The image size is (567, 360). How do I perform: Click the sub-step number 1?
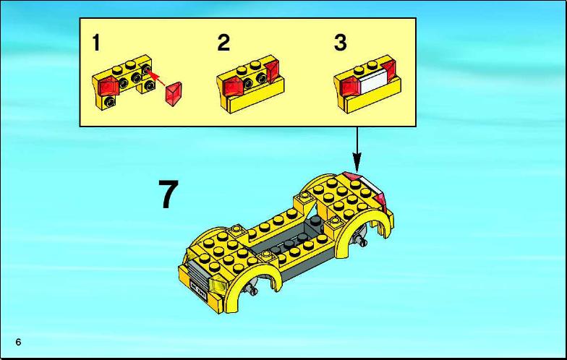point(95,43)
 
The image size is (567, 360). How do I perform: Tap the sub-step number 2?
point(223,43)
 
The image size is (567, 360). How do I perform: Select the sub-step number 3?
point(340,43)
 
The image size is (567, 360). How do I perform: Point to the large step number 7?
point(169,194)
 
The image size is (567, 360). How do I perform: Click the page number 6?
point(19,342)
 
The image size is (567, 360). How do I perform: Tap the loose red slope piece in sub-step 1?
point(174,94)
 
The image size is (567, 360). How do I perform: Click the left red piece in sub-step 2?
point(232,87)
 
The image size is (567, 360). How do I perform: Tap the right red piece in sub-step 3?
point(388,71)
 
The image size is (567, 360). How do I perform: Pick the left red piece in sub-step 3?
point(350,87)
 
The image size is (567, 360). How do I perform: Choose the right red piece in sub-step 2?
point(272,71)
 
